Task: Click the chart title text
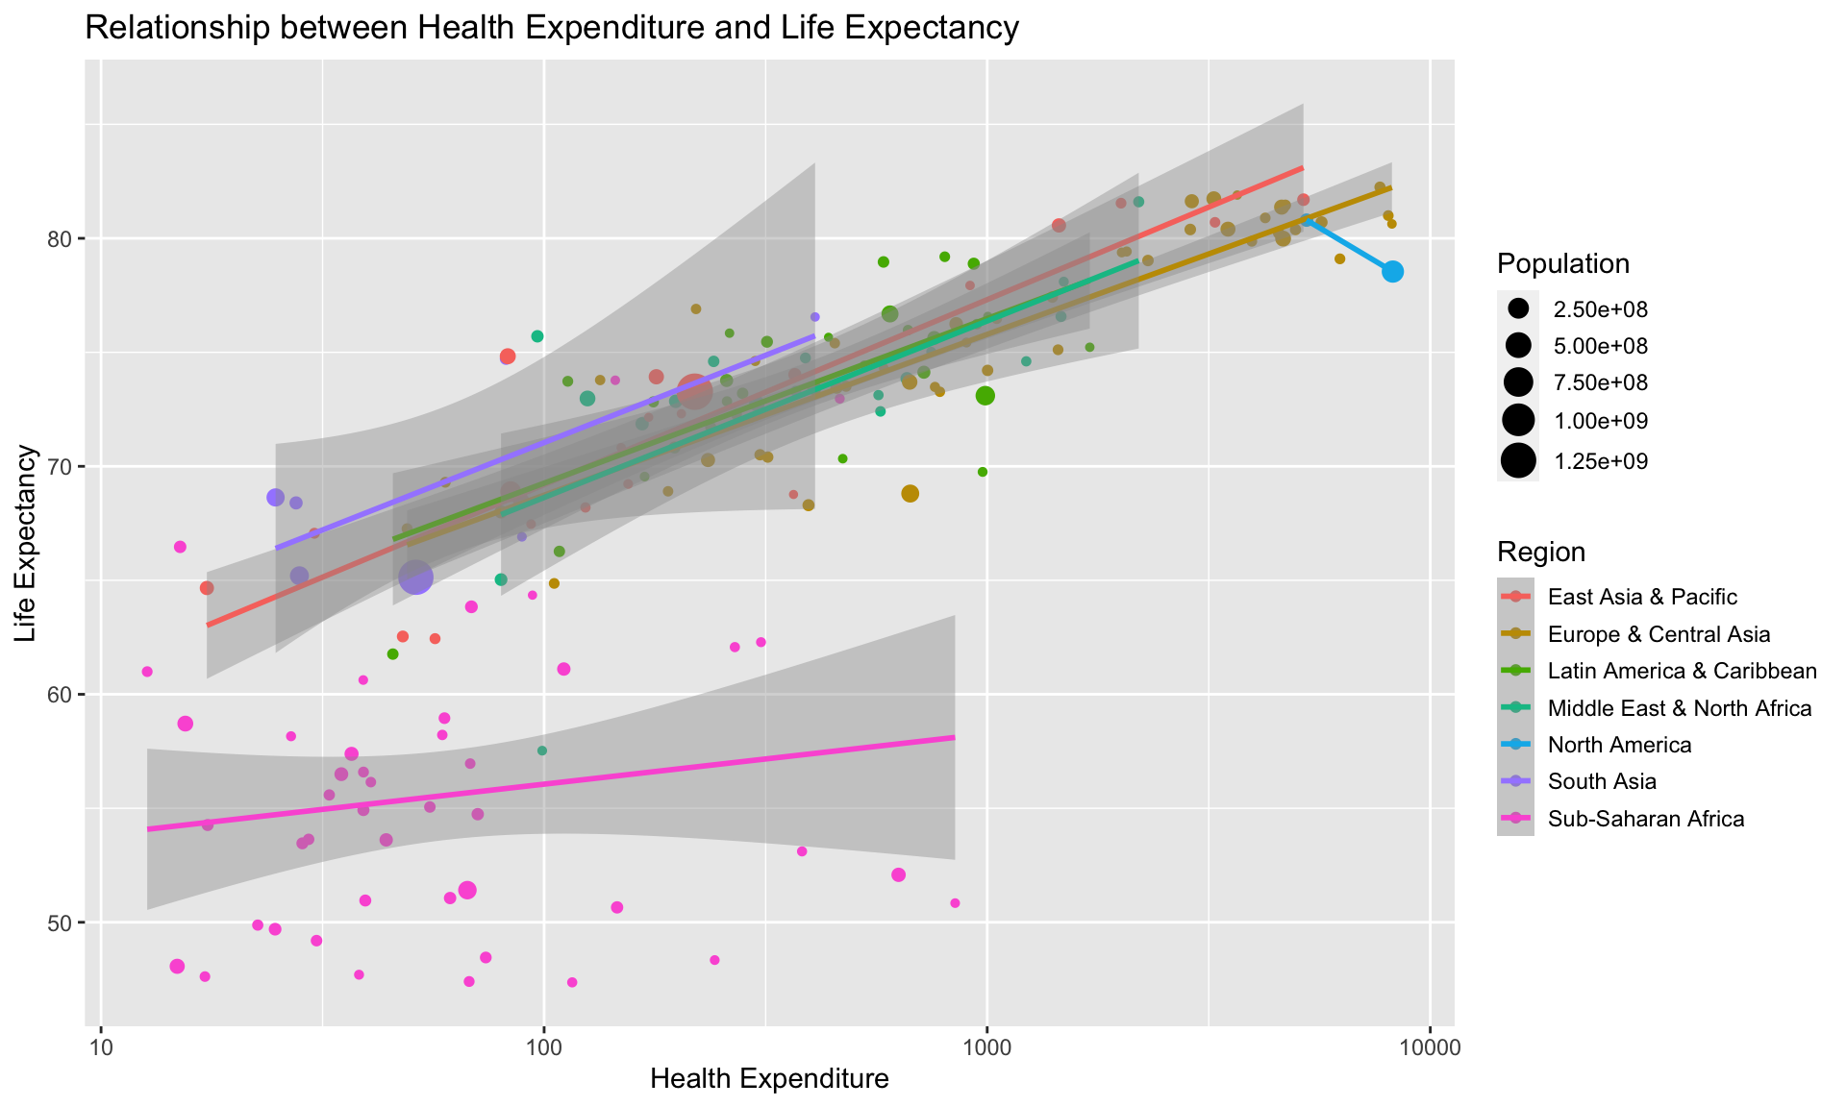(x=551, y=29)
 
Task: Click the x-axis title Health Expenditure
(x=769, y=1079)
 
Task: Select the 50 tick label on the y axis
(x=73, y=922)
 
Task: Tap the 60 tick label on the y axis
(x=73, y=695)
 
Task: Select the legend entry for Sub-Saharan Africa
(x=1645, y=819)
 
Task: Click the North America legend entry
(x=1619, y=745)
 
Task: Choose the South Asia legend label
(x=1602, y=781)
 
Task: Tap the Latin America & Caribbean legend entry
(x=1682, y=671)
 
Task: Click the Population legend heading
(x=1562, y=264)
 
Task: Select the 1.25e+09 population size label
(x=1600, y=461)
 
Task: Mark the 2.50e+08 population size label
(x=1600, y=308)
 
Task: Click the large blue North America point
(x=1392, y=272)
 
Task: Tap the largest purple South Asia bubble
(x=415, y=578)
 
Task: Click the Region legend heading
(x=1540, y=552)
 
